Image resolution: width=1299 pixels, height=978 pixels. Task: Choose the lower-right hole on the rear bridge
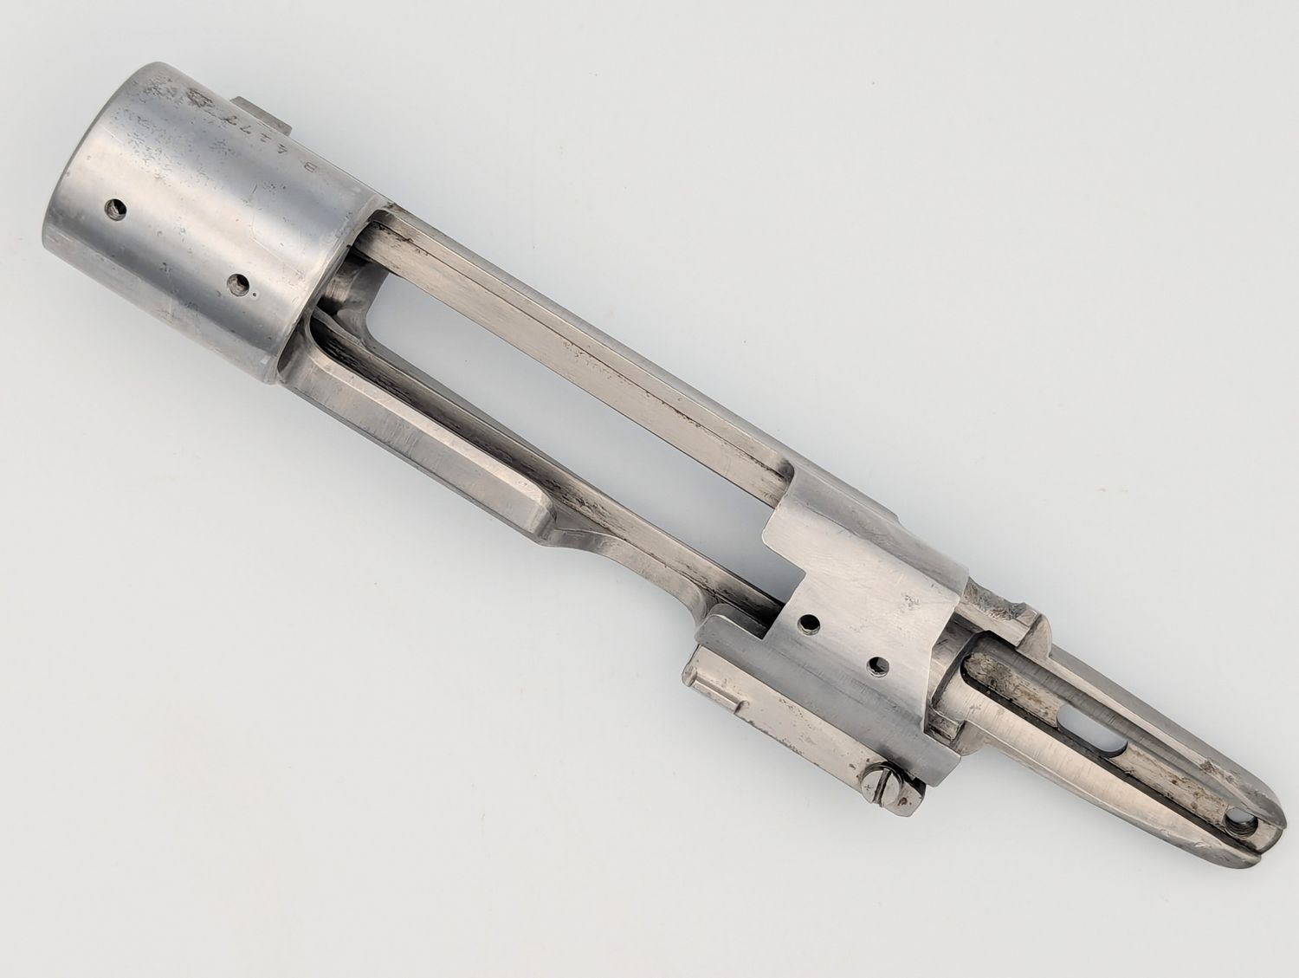[879, 665]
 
